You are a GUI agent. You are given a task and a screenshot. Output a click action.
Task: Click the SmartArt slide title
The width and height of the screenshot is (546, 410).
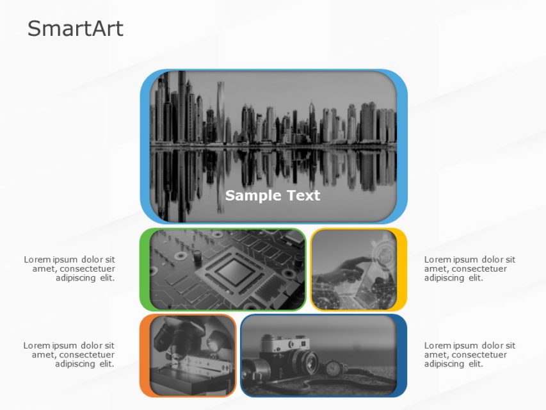click(x=76, y=29)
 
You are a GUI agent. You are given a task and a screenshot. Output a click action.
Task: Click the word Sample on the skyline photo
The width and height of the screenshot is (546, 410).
click(x=250, y=195)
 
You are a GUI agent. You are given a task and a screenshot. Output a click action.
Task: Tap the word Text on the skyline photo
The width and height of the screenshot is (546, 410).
click(x=298, y=195)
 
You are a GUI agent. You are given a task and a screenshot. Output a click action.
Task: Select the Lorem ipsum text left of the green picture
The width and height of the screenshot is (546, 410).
click(x=70, y=268)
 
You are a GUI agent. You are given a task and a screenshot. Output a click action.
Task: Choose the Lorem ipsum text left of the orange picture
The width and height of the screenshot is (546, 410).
click(x=69, y=354)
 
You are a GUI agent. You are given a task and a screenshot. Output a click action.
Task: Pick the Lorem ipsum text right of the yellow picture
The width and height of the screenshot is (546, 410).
click(x=469, y=268)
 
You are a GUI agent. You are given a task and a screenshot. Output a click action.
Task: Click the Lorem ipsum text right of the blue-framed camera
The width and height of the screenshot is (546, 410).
click(x=469, y=354)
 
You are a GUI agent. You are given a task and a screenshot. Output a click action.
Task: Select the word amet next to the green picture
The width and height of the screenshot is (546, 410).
click(x=43, y=268)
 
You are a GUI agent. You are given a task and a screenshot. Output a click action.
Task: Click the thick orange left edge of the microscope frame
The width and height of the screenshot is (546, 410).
click(x=145, y=356)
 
